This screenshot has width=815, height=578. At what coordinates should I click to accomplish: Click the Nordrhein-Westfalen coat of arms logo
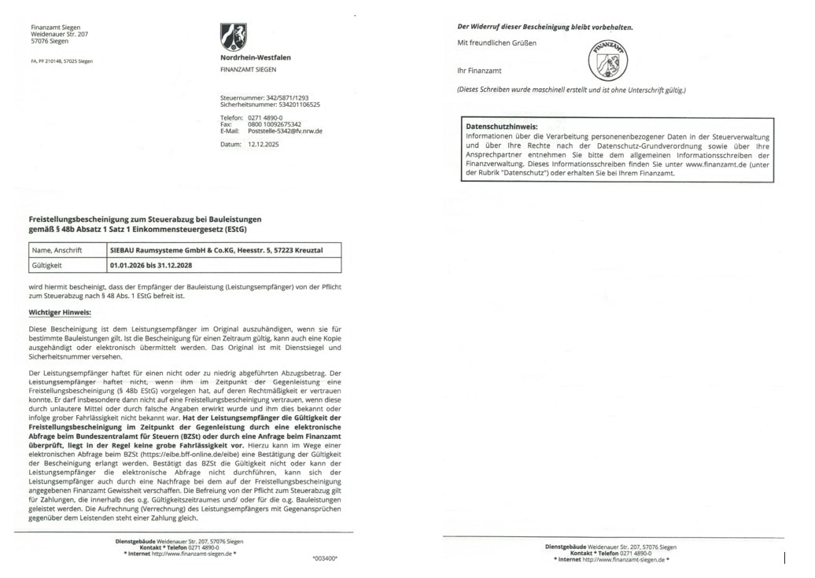tap(234, 37)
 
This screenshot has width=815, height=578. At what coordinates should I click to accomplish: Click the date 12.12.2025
tap(264, 145)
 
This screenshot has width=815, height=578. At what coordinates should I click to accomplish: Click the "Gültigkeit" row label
tap(46, 266)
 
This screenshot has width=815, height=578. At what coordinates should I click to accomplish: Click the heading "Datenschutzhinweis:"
tap(502, 126)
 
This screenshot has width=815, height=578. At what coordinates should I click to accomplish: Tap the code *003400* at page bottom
tap(324, 558)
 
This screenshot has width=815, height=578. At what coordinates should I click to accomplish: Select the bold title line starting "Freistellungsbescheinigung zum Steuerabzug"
tap(145, 219)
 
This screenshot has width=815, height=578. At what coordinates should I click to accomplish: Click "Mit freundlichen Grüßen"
tap(497, 42)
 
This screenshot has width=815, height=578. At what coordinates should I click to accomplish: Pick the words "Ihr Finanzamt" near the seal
tap(479, 70)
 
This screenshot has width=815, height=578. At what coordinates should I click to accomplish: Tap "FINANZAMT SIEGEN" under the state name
tap(248, 69)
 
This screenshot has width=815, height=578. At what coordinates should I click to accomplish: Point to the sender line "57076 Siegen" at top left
tap(50, 41)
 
